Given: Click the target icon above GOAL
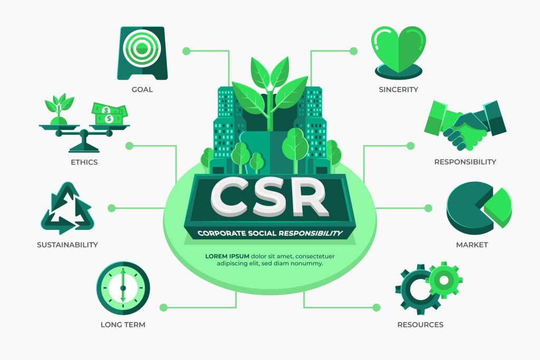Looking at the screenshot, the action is (142, 53).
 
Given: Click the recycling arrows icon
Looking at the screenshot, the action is (67, 208).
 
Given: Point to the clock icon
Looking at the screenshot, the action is (123, 288).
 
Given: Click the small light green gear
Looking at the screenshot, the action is (444, 280).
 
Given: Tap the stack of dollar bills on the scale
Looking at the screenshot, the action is (109, 114).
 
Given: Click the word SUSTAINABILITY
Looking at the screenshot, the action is (67, 245).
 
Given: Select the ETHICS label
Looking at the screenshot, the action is (84, 162).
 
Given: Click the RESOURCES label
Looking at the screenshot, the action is (420, 325).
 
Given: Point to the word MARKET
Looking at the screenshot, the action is (472, 245).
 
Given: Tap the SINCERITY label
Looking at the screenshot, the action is (399, 90).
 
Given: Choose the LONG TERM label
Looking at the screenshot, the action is (123, 325).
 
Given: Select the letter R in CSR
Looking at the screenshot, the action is (307, 198).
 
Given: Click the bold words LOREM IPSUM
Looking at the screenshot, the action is (227, 256).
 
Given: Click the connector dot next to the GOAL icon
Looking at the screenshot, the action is (186, 51).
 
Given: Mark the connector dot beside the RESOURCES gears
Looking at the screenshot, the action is (377, 307).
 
